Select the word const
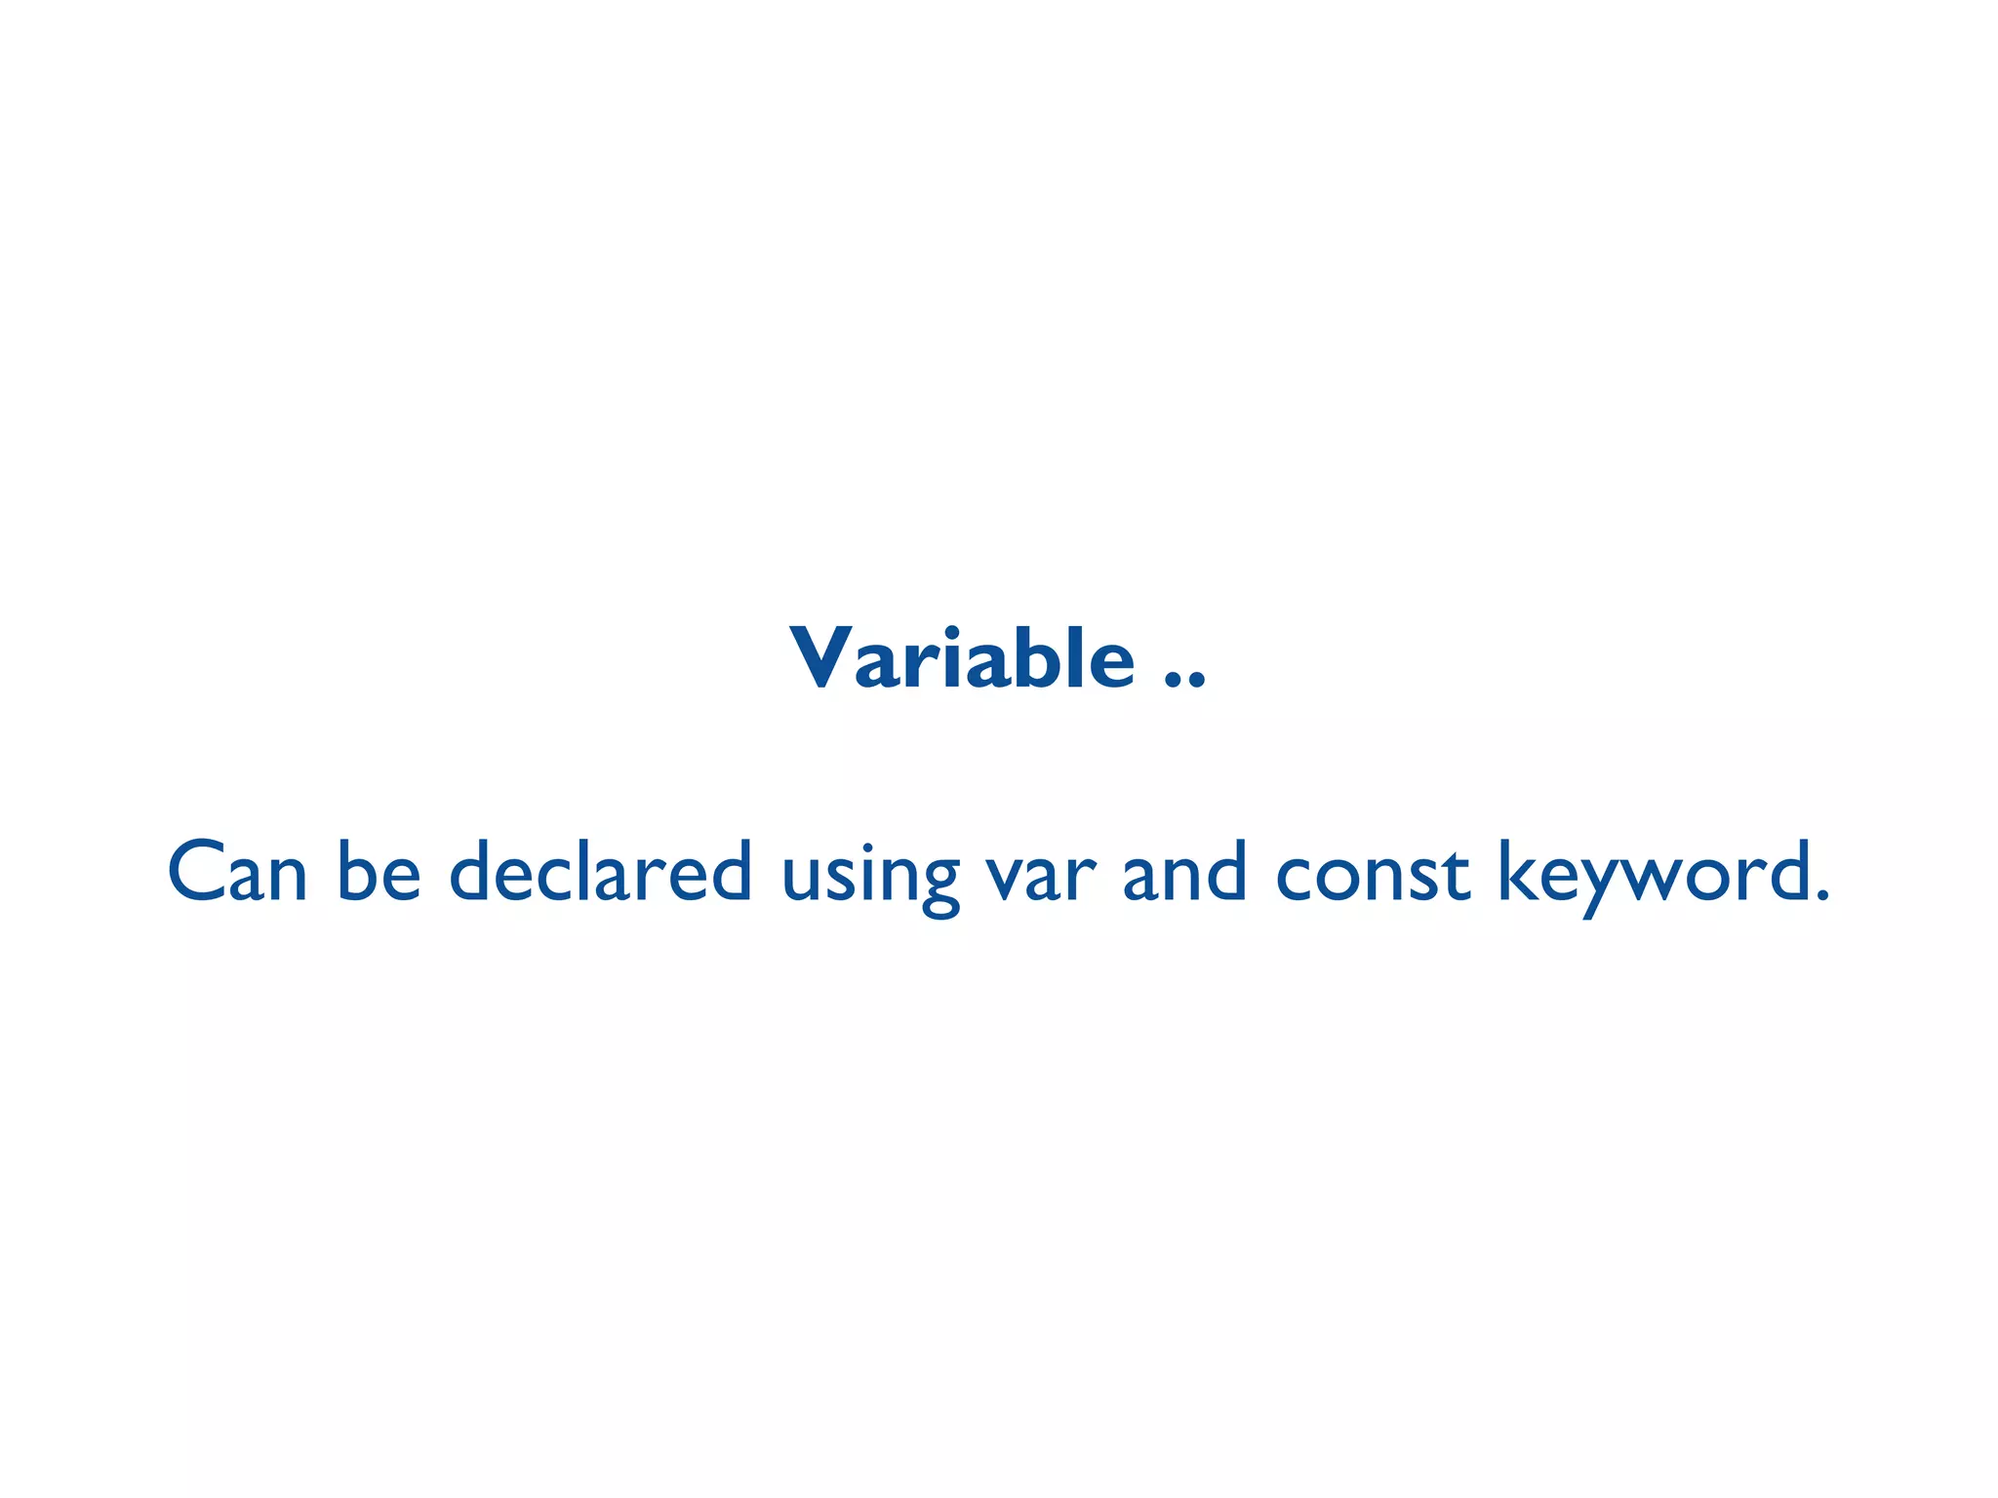tap(1372, 873)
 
